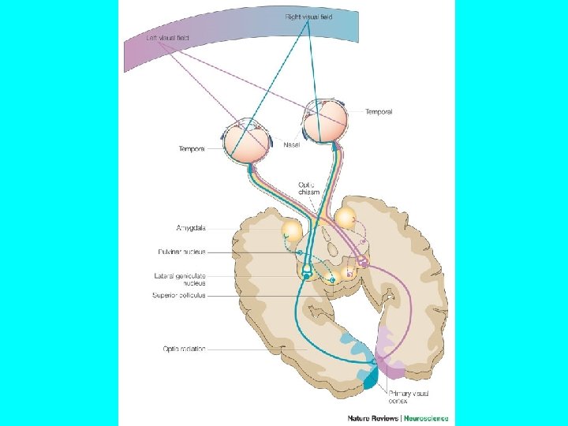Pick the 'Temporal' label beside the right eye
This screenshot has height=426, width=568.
point(379,112)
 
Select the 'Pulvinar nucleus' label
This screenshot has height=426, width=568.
point(181,252)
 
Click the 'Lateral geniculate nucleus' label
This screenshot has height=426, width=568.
point(181,279)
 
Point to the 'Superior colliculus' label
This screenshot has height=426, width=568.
point(180,296)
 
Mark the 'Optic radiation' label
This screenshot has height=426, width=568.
point(185,349)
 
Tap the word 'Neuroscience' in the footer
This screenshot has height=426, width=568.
point(425,418)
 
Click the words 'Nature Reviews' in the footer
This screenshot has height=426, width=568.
point(375,418)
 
